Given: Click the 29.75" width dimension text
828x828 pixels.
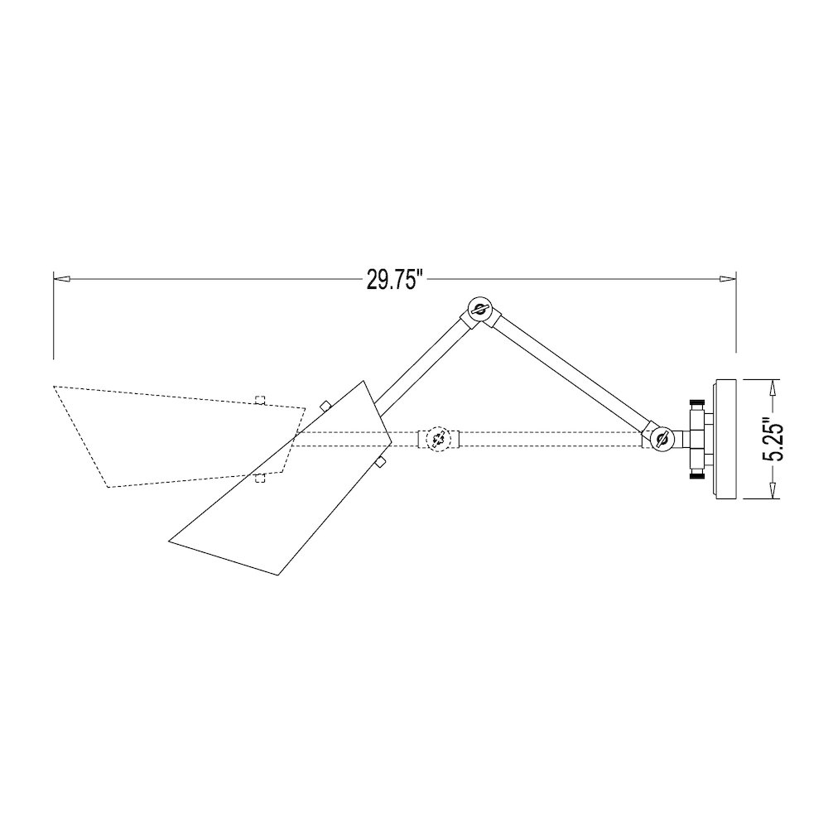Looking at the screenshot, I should pos(395,280).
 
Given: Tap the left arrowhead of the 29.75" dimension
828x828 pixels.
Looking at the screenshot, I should pos(60,280).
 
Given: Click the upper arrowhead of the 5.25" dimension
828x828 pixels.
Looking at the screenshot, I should pos(773,385).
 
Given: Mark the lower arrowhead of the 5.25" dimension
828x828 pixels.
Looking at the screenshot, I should pos(773,494).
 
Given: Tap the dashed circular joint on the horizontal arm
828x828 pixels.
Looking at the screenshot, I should pos(439,439).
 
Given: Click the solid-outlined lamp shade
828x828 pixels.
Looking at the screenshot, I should pos(282,497).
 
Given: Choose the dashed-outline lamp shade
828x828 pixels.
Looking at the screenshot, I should pos(166,431).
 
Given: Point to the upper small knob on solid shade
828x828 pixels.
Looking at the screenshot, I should pos(325,406).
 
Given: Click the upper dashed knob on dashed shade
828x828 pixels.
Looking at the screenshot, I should pos(260,401).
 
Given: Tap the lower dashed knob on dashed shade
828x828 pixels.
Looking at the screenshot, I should pos(260,475).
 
